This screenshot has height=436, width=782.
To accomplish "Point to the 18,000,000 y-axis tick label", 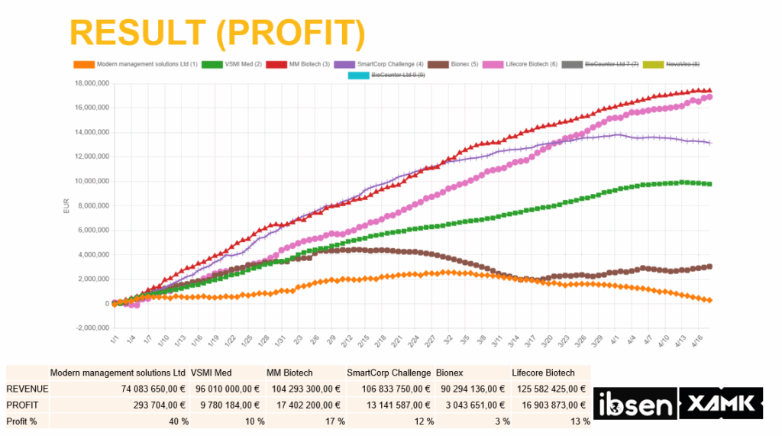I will tap(89, 83).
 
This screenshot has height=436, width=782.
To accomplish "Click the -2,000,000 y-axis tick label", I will tap(89, 328).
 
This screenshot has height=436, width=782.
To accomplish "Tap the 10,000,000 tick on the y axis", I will tap(89, 181).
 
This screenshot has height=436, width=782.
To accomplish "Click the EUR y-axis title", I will tap(66, 206).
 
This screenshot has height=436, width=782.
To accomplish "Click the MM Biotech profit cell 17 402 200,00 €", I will tap(306, 405).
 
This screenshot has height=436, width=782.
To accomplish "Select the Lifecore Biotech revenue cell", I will tap(551, 389).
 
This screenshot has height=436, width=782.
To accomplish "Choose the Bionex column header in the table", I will tap(450, 373).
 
